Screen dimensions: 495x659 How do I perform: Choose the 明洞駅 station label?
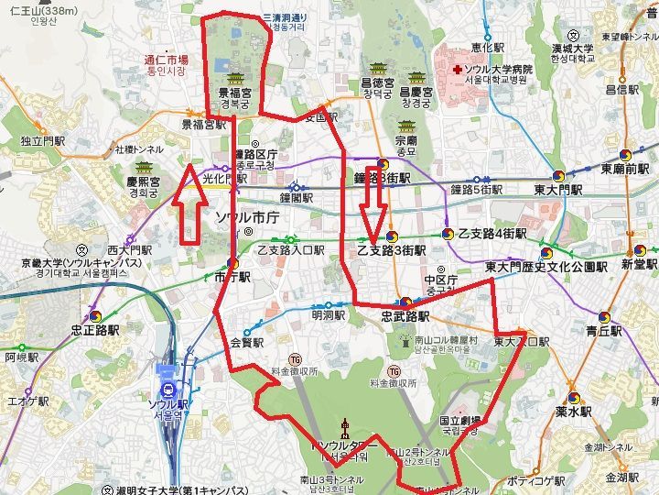[328, 315]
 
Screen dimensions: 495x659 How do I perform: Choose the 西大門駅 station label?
[128, 248]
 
